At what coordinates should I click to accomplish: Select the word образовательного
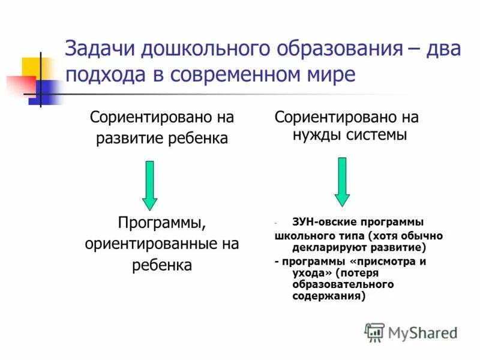tap(343, 284)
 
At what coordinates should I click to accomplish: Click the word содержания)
tap(329, 296)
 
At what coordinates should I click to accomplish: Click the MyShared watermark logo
tap(410, 332)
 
